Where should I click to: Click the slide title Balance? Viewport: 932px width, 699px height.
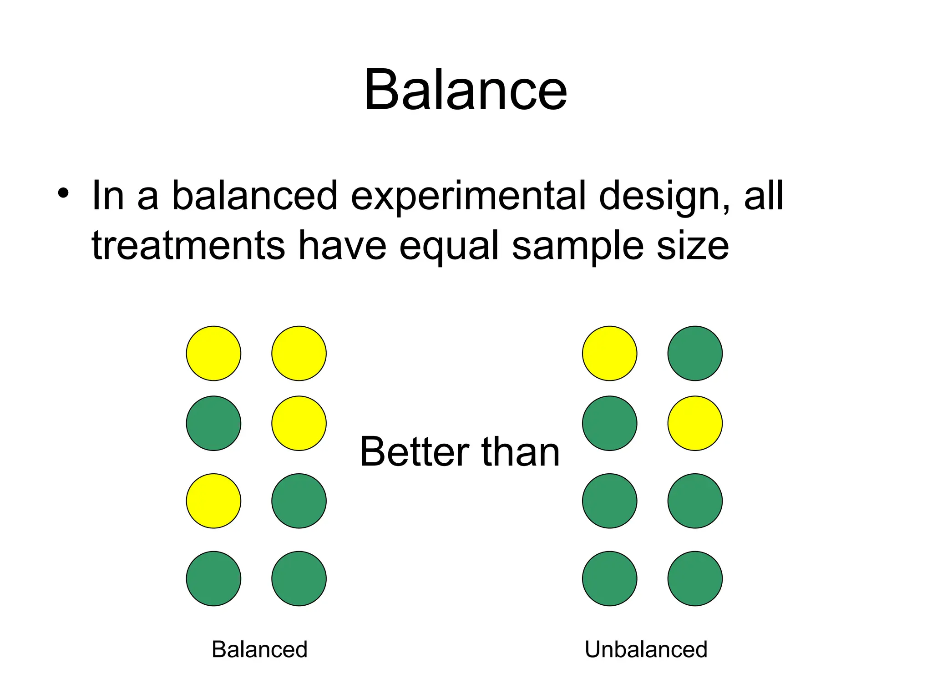pos(465,89)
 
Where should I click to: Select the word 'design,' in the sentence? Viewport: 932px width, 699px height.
pos(664,197)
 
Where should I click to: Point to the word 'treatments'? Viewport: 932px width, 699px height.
pos(188,246)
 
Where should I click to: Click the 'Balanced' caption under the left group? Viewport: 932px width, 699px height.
pos(259,649)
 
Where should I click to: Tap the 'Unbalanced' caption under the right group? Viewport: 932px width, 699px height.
pos(646,649)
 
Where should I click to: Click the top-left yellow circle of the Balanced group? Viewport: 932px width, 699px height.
pos(213,353)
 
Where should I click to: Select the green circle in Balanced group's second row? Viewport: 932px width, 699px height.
pos(213,423)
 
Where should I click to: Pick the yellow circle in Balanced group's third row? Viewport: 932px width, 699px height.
pos(213,501)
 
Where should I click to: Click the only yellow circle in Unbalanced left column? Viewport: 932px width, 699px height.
pos(609,353)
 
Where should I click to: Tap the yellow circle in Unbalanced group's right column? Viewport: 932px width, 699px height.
pos(695,423)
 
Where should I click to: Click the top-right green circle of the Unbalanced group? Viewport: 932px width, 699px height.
pos(695,353)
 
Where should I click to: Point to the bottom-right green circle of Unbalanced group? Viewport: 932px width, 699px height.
pos(695,578)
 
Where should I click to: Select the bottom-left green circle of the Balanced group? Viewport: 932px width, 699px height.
pos(213,578)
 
